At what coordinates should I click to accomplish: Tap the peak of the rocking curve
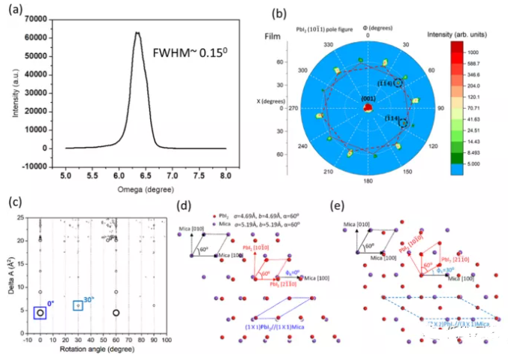(x=138, y=32)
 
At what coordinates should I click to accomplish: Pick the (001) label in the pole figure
(x=368, y=99)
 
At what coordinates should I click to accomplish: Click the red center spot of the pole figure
(x=368, y=109)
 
